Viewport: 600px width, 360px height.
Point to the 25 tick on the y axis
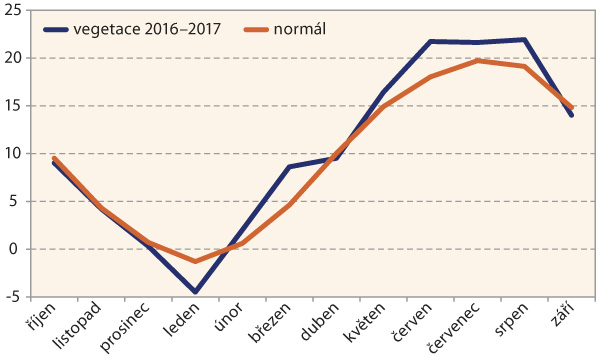tap(15, 10)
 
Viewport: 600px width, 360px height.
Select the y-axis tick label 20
tap(15, 58)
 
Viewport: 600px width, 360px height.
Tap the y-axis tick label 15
tap(15, 106)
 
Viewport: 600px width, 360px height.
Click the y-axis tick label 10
tap(15, 153)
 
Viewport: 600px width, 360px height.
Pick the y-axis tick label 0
tap(19, 249)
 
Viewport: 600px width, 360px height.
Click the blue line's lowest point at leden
tap(195, 292)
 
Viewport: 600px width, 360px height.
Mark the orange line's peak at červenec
tap(477, 60)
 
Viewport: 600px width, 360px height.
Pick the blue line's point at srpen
tap(524, 40)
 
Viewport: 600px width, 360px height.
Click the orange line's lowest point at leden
tap(195, 261)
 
